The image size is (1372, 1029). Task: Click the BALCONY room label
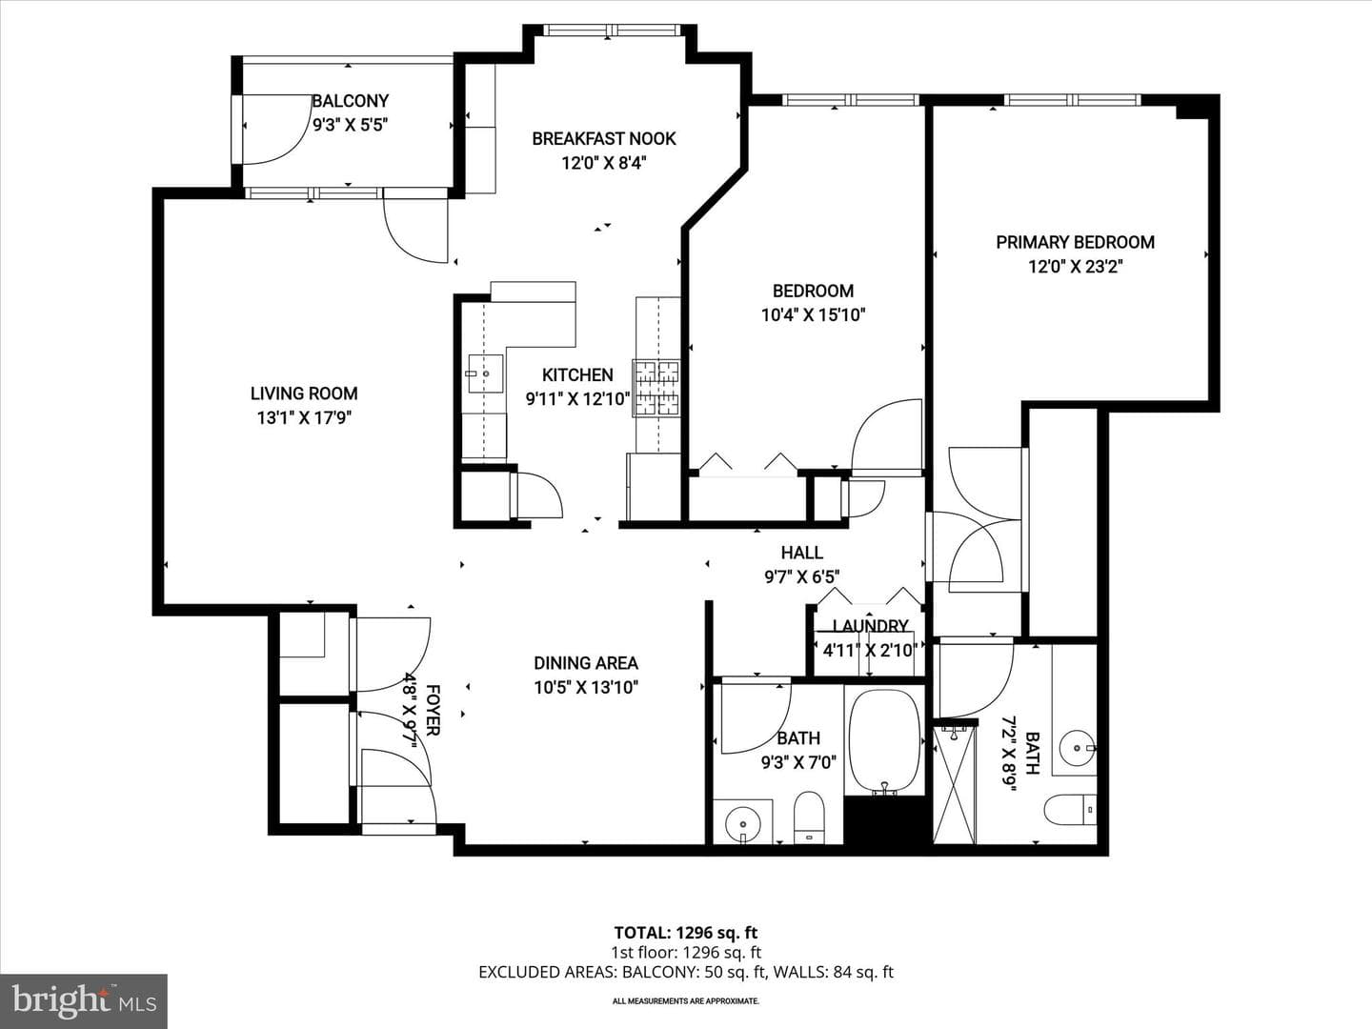pos(350,101)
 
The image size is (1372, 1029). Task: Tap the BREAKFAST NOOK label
pos(604,139)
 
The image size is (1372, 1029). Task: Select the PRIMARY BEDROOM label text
pos(1075,242)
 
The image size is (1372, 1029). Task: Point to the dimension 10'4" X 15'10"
pos(813,314)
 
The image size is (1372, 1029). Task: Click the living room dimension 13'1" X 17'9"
pos(304,417)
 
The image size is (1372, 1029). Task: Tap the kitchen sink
pos(486,373)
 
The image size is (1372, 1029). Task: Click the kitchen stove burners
pos(656,388)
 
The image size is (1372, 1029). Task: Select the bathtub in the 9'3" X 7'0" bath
pos(884,741)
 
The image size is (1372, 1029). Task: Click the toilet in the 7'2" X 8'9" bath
pos(1070,809)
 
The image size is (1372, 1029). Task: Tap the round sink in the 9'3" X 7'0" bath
pos(742,821)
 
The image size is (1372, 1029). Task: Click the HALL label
pos(802,553)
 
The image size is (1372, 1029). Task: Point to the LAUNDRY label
pos(870,626)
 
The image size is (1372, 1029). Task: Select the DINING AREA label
pos(586,663)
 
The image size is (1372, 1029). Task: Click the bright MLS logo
pos(84,1000)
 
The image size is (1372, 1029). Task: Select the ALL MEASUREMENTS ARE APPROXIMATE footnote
pos(686,1000)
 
